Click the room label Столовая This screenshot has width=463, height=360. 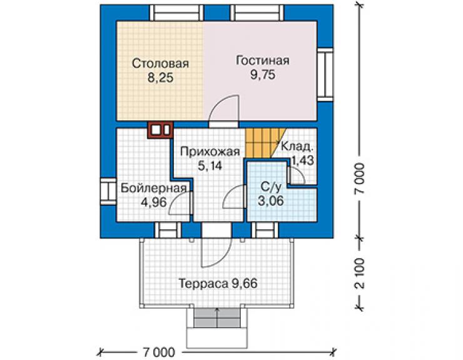click(160, 63)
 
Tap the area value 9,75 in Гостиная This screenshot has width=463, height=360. click(263, 75)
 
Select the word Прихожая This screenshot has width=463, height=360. click(210, 152)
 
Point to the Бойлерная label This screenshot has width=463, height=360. click(154, 188)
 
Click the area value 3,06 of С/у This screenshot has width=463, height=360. click(271, 201)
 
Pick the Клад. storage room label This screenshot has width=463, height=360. click(297, 146)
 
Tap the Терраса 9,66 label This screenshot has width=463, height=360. click(218, 284)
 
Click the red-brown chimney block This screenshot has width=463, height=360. click(160, 130)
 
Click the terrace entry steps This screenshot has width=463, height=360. click(217, 317)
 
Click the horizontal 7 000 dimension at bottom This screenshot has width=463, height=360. click(158, 352)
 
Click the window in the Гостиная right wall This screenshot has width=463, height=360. click(325, 75)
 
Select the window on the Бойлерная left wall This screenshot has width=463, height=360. click(108, 191)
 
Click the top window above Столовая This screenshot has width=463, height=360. click(177, 13)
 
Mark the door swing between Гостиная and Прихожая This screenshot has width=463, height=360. click(224, 109)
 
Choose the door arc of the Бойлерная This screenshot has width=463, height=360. click(181, 203)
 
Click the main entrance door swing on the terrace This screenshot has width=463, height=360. click(216, 250)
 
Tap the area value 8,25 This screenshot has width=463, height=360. click(160, 78)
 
